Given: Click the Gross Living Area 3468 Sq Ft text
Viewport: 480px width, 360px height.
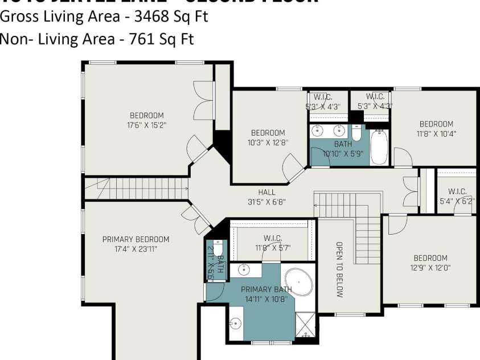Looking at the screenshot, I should (104, 17).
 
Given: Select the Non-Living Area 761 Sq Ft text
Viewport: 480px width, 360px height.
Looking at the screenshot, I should (97, 39).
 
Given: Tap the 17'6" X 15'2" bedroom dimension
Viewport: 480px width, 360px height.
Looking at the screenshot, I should (147, 124).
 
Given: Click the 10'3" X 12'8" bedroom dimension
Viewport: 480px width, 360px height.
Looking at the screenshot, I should (268, 142).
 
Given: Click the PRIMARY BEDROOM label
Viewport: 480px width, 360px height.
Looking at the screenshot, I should (136, 239).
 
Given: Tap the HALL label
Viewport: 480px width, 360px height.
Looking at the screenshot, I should (266, 193).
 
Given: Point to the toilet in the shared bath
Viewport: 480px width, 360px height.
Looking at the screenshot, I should (356, 133).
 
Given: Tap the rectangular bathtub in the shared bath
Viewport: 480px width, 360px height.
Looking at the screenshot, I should (379, 146).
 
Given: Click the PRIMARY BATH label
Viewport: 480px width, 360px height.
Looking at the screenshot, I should (266, 289).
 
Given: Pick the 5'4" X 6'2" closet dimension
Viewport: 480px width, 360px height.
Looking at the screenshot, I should (457, 201).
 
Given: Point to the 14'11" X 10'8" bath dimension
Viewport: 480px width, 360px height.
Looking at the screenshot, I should (266, 298).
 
